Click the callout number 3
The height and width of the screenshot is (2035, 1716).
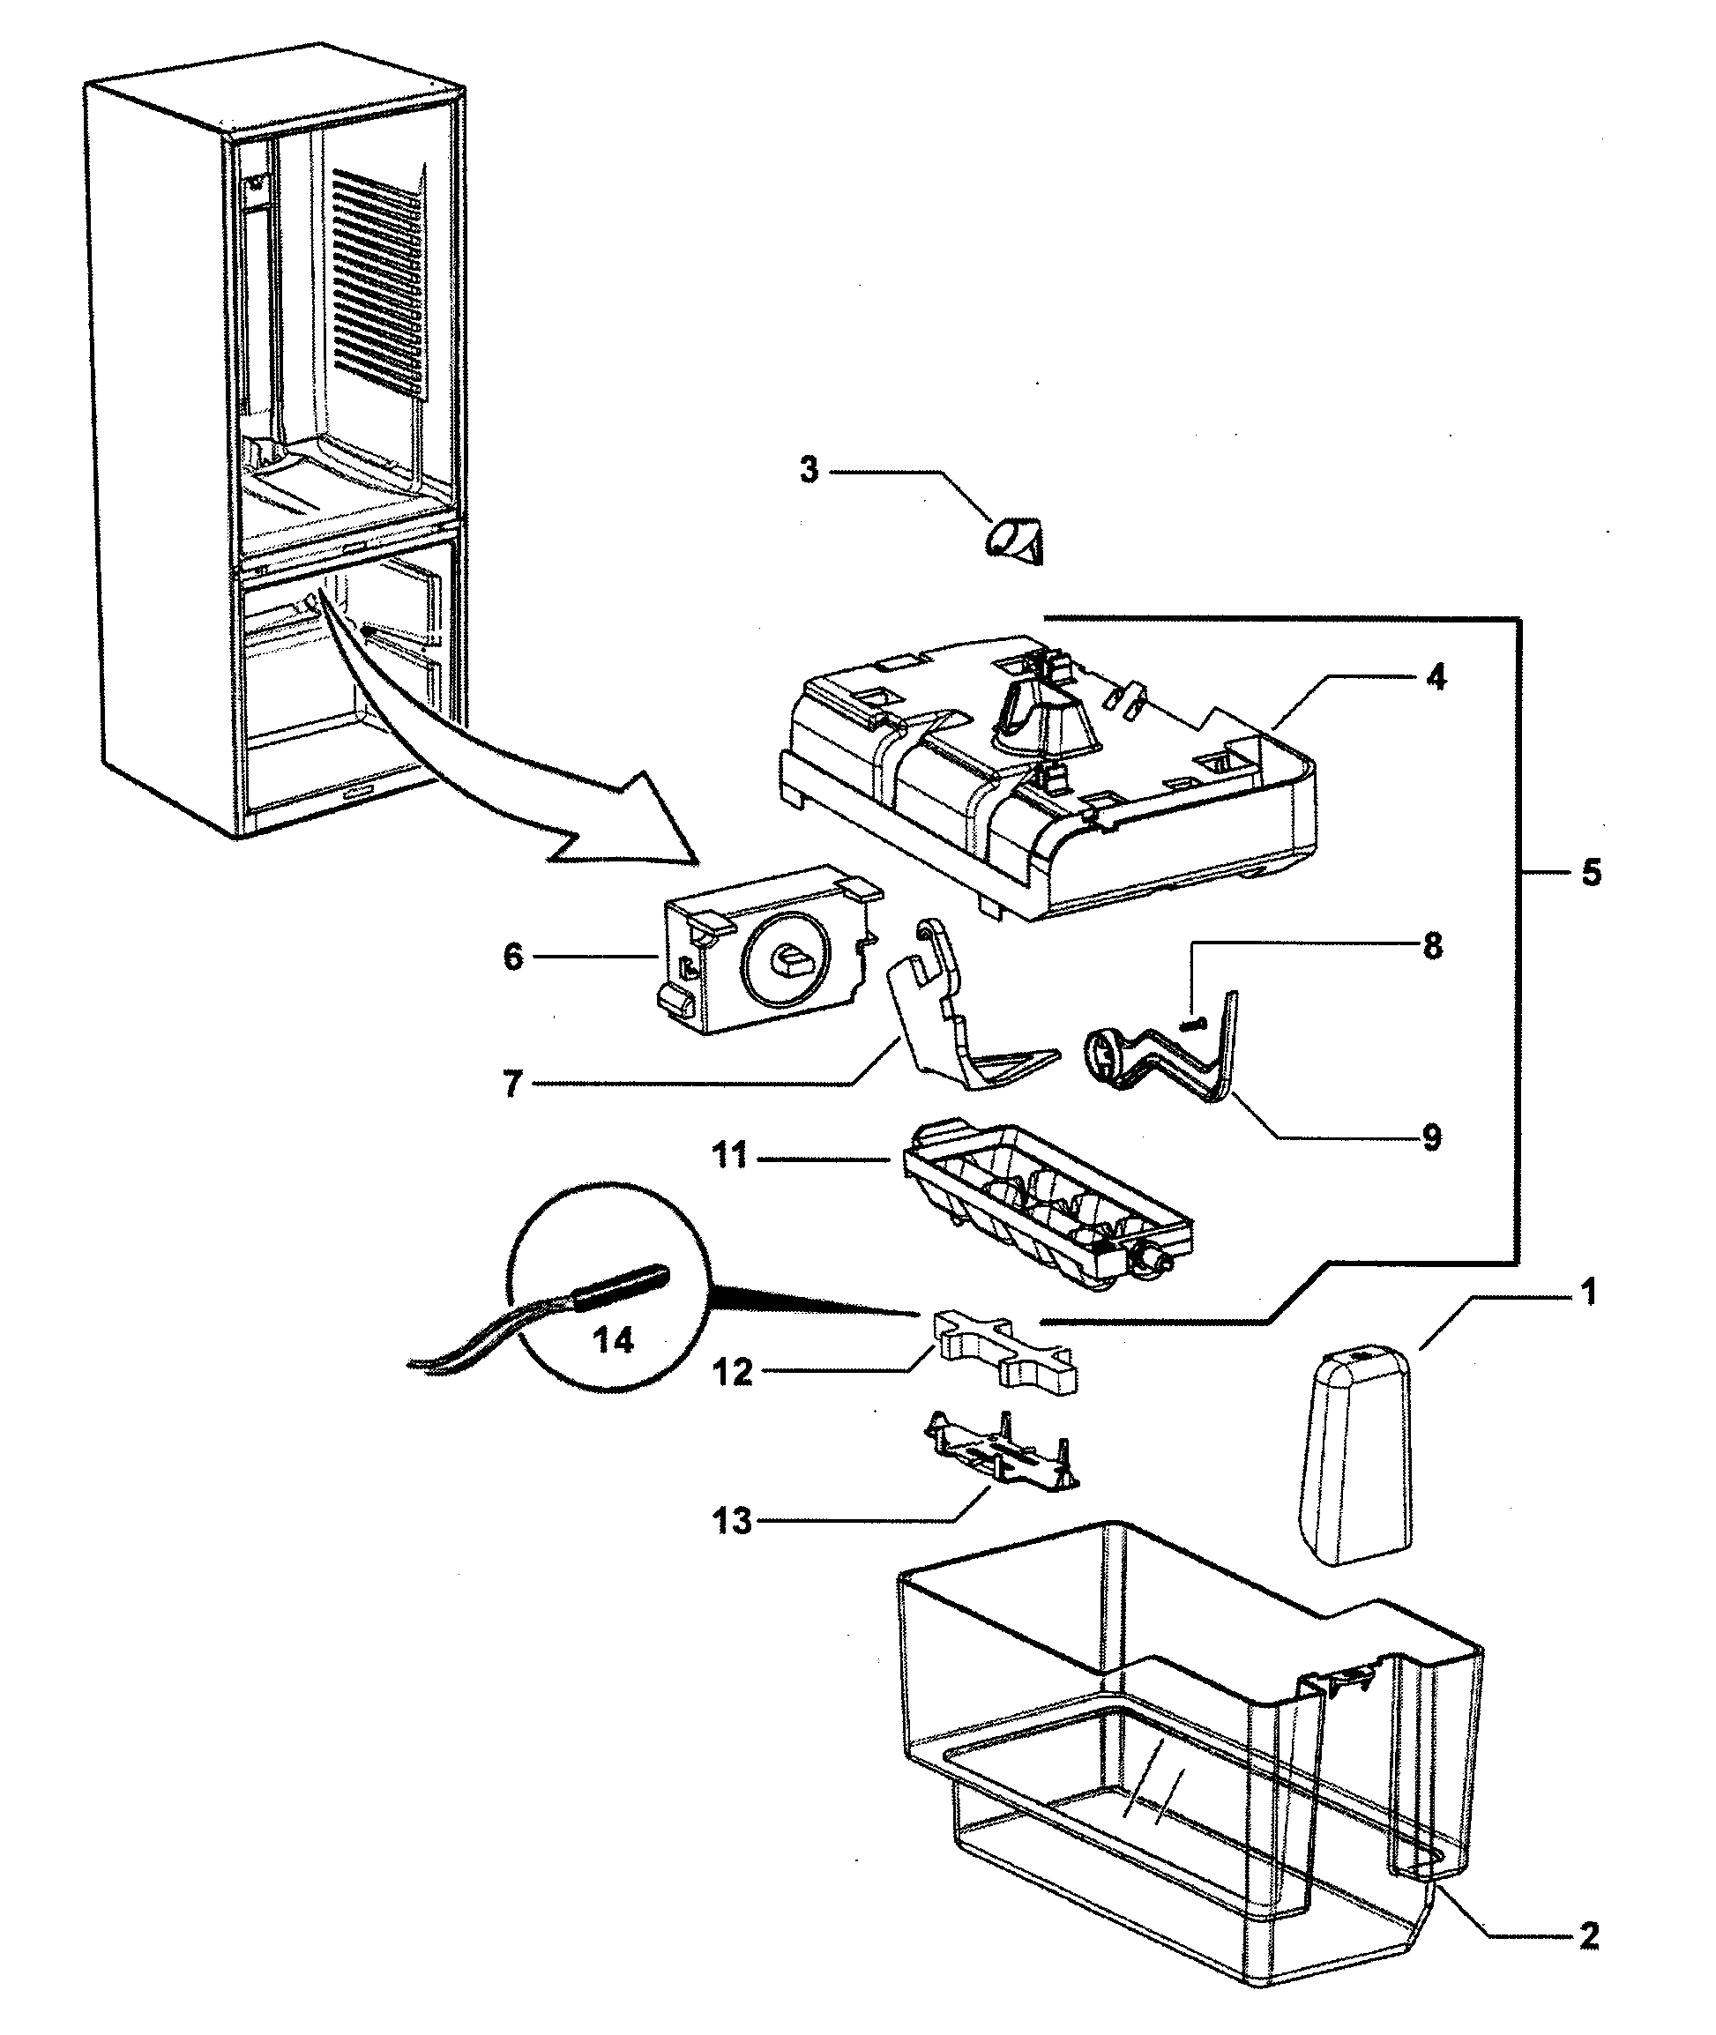[x=810, y=471]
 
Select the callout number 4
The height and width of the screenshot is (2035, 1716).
[x=1436, y=677]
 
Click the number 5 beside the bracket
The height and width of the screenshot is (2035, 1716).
[x=1591, y=873]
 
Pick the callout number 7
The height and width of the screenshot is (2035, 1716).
[x=513, y=1084]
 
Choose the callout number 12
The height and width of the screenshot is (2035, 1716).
[x=733, y=1373]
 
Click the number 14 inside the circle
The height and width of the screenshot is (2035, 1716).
[x=614, y=1340]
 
